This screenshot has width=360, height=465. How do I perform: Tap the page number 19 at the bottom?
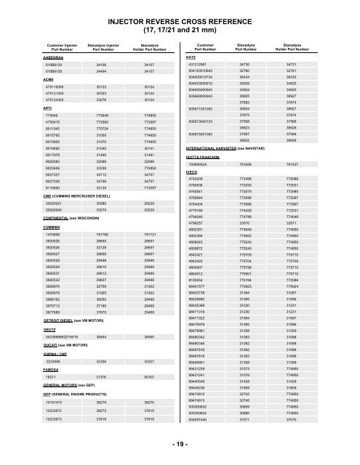point(179,451)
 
